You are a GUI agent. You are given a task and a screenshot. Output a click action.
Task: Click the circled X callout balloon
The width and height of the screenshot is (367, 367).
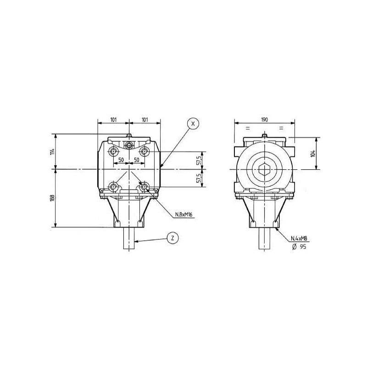193,124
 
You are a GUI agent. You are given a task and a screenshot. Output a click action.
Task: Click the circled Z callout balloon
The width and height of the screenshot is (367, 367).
172,238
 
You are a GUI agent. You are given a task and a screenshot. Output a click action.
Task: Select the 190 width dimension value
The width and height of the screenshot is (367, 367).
264,119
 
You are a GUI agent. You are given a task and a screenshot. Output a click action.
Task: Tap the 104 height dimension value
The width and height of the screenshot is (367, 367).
313,153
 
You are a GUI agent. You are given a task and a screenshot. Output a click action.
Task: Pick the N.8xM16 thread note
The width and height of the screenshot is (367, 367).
184,214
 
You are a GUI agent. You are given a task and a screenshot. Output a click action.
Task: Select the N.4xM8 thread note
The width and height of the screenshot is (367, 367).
299,239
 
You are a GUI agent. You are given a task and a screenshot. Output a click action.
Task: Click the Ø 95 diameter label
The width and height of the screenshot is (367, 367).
299,246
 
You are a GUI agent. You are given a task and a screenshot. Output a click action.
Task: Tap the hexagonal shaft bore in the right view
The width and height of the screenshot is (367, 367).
265,169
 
